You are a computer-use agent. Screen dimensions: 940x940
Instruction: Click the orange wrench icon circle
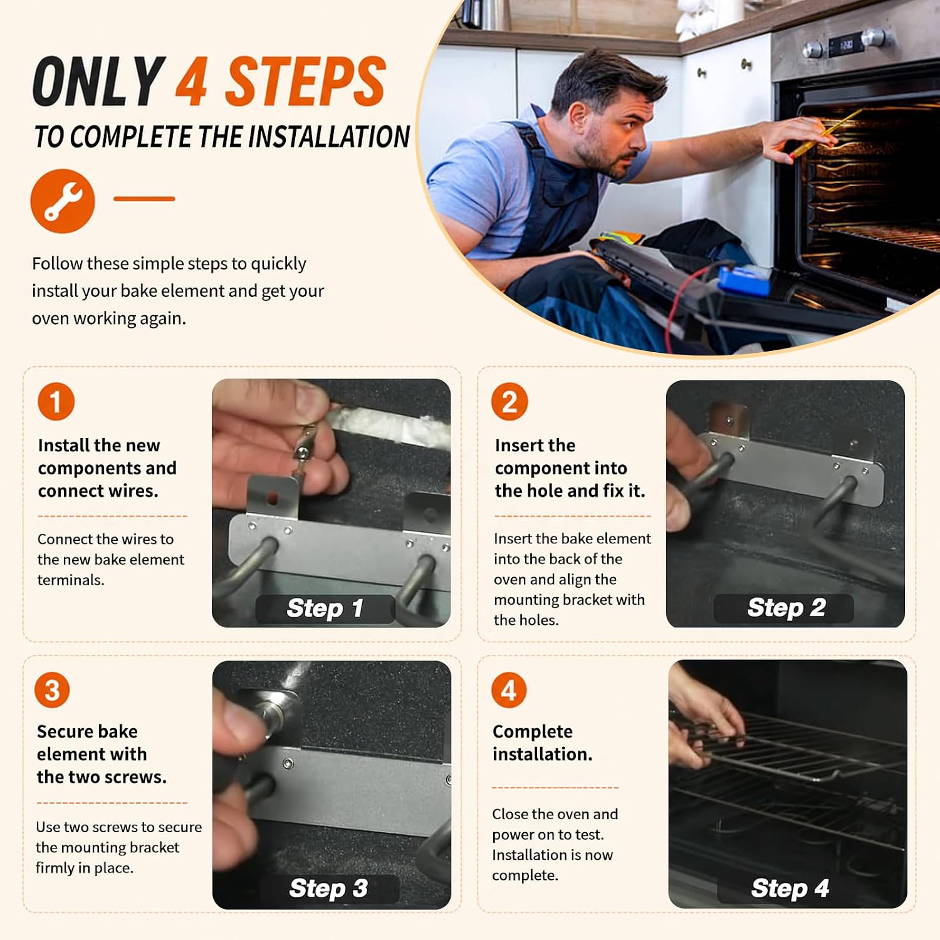click(63, 201)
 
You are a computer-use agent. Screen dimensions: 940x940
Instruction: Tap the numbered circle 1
click(56, 402)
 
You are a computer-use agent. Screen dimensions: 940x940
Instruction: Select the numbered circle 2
click(509, 402)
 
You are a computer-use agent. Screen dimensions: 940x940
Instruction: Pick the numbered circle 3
click(52, 690)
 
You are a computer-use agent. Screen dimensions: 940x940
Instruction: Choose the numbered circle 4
click(509, 690)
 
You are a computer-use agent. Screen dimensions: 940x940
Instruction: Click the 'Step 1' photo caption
click(325, 608)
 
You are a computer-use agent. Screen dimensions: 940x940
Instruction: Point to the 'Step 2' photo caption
click(786, 608)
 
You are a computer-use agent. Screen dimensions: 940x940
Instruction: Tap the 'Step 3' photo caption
click(328, 889)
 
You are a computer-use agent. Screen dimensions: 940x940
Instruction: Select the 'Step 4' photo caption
click(790, 889)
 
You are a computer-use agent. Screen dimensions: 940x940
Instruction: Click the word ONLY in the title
click(99, 81)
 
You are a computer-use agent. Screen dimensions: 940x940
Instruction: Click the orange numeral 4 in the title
click(191, 81)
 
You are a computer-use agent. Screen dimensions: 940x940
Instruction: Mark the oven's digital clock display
click(846, 45)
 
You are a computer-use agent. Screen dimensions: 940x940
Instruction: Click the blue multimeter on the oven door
click(744, 281)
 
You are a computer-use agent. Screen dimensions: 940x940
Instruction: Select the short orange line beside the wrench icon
click(144, 199)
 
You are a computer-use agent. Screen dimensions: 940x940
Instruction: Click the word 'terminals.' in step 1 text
click(71, 580)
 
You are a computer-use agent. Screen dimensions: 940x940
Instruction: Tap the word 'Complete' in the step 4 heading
click(533, 732)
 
